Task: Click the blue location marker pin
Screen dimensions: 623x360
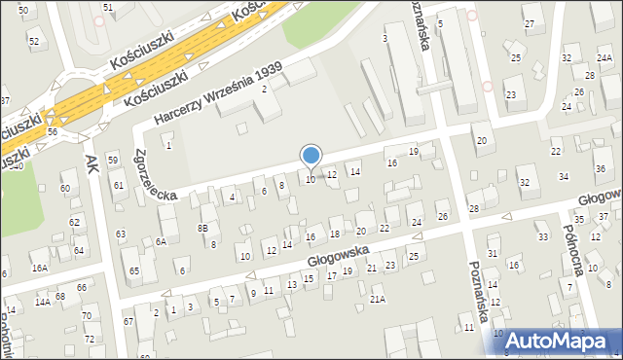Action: [x=311, y=156]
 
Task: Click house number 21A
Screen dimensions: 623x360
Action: [x=377, y=299]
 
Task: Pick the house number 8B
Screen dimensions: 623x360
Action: [x=202, y=228]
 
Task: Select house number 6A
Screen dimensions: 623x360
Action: [x=162, y=240]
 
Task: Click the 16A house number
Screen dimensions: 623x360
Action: [x=39, y=268]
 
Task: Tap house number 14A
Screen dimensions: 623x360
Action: [x=43, y=302]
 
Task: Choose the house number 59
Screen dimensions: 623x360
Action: [x=113, y=160]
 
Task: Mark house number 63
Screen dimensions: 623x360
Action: [x=121, y=234]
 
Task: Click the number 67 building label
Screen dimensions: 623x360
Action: [x=128, y=321]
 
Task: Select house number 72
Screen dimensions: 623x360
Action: [x=90, y=339]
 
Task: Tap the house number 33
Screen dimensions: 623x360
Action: [x=543, y=236]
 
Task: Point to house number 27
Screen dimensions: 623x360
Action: [x=529, y=22]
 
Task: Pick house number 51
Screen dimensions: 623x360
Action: [x=107, y=7]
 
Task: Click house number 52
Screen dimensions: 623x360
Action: [x=34, y=41]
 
